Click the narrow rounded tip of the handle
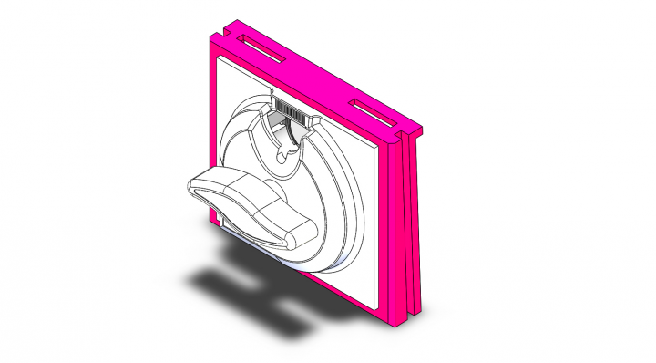[x=296, y=235]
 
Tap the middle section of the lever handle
[x=251, y=206]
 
